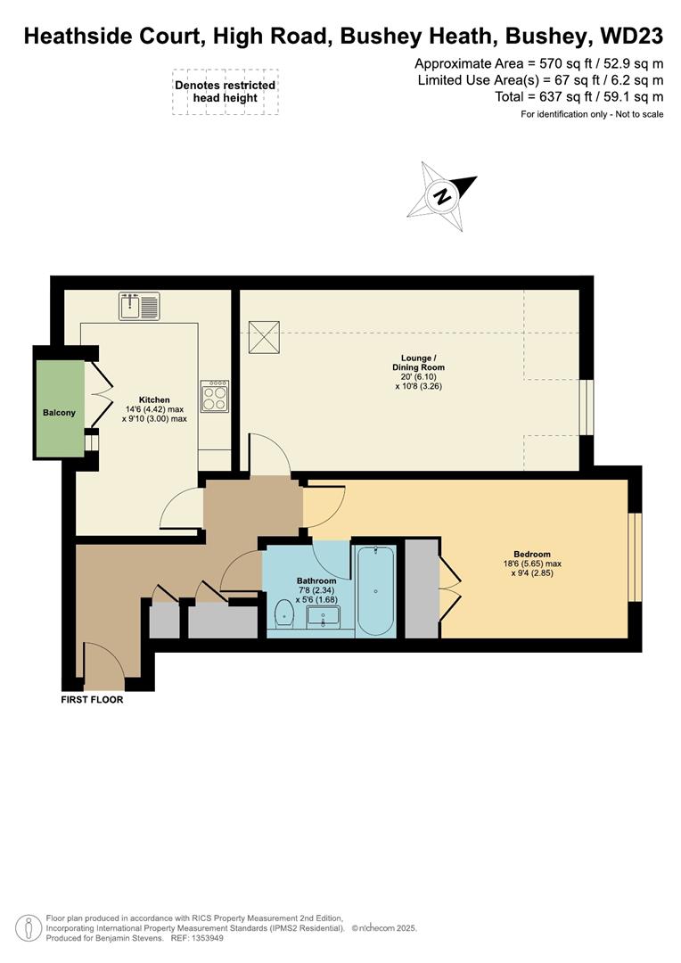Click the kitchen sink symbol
click(x=139, y=306)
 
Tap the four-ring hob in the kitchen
click(x=215, y=396)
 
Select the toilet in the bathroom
click(x=284, y=613)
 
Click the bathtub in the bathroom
click(x=375, y=591)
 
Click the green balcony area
click(x=60, y=412)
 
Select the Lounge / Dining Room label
click(x=418, y=362)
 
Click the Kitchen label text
click(x=154, y=399)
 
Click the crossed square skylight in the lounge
click(x=264, y=336)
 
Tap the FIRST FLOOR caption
click(x=92, y=700)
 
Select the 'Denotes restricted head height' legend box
click(x=226, y=92)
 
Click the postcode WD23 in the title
click(x=632, y=36)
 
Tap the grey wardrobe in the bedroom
click(x=423, y=588)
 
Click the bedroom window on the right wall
click(x=634, y=558)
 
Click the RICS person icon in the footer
click(x=31, y=927)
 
